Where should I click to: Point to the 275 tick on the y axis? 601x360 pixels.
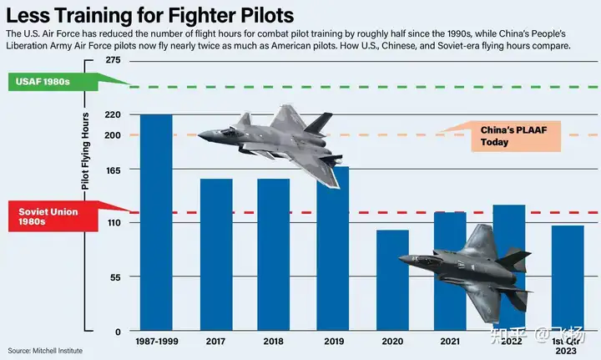114,62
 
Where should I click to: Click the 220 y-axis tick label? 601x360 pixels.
114,114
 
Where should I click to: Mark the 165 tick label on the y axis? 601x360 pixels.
114,170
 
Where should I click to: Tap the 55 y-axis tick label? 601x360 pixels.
116,276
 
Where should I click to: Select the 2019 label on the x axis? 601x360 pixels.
333,341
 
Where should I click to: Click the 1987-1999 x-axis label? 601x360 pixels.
156,341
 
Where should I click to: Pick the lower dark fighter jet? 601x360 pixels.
472,267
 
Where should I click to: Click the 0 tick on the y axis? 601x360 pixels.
119,331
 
